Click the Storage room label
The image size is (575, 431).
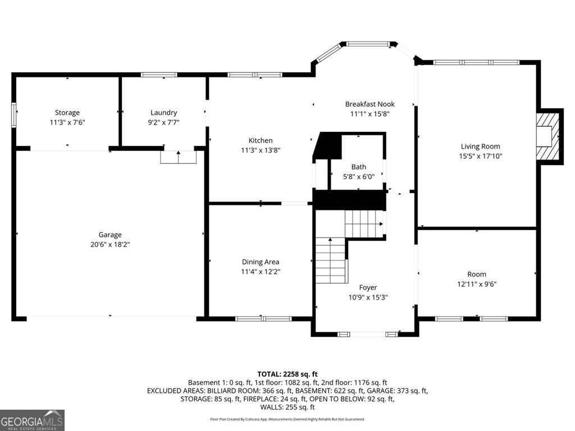click(67, 112)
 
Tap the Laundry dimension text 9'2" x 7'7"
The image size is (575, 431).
click(163, 122)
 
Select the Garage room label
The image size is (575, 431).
click(110, 235)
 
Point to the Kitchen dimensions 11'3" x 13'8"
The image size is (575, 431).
click(261, 150)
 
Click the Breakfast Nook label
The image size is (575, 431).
click(369, 104)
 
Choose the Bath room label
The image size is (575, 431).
click(359, 167)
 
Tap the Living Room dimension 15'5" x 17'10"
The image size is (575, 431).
click(481, 156)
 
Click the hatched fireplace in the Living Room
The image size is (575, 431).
click(548, 136)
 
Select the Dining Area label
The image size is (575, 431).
click(261, 262)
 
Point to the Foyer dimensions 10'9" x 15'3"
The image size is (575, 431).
click(368, 297)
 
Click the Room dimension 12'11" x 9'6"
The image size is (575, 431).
click(477, 283)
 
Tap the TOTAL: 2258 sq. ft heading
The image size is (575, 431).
click(287, 374)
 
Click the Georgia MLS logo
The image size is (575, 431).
click(32, 420)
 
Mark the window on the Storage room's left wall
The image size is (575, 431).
click(13, 115)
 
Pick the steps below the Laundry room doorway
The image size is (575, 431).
click(178, 157)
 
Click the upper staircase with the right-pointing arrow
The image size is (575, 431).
click(364, 224)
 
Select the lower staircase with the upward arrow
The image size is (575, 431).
click(331, 260)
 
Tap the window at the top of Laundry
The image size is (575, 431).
click(159, 75)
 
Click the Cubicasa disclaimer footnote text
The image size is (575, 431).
click(287, 419)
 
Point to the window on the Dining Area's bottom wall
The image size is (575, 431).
click(263, 319)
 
